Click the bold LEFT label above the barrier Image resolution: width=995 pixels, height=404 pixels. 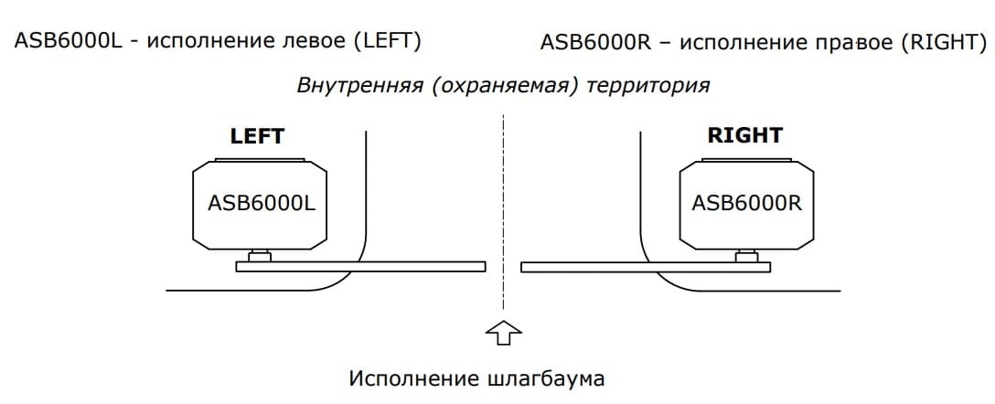(257, 136)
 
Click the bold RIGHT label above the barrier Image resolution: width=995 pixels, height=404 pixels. (745, 135)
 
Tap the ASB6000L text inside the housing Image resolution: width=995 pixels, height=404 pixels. (262, 204)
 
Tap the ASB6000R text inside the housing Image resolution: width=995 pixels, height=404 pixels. (747, 204)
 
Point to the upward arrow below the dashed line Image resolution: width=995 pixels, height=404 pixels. (503, 333)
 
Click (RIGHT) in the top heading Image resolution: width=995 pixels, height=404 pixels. (939, 42)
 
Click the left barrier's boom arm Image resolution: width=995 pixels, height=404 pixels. (360, 266)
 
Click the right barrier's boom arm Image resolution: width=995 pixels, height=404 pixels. (646, 267)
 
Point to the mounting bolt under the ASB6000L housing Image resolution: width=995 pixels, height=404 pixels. (259, 256)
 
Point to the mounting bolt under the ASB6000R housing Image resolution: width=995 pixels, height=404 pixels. (747, 257)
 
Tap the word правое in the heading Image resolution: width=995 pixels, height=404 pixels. (849, 45)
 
